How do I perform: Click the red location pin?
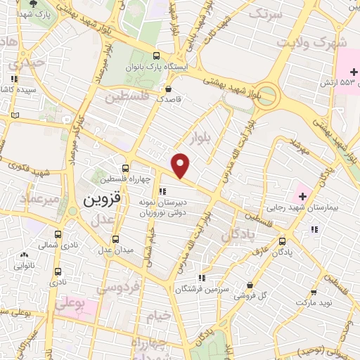tap(181, 165)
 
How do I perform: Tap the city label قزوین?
tap(101, 199)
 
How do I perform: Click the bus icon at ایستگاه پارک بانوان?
tap(156, 56)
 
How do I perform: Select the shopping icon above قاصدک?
tap(169, 89)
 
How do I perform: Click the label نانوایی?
tap(24, 266)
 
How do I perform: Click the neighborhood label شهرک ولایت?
tap(312, 42)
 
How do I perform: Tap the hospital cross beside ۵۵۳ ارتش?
tap(347, 72)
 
